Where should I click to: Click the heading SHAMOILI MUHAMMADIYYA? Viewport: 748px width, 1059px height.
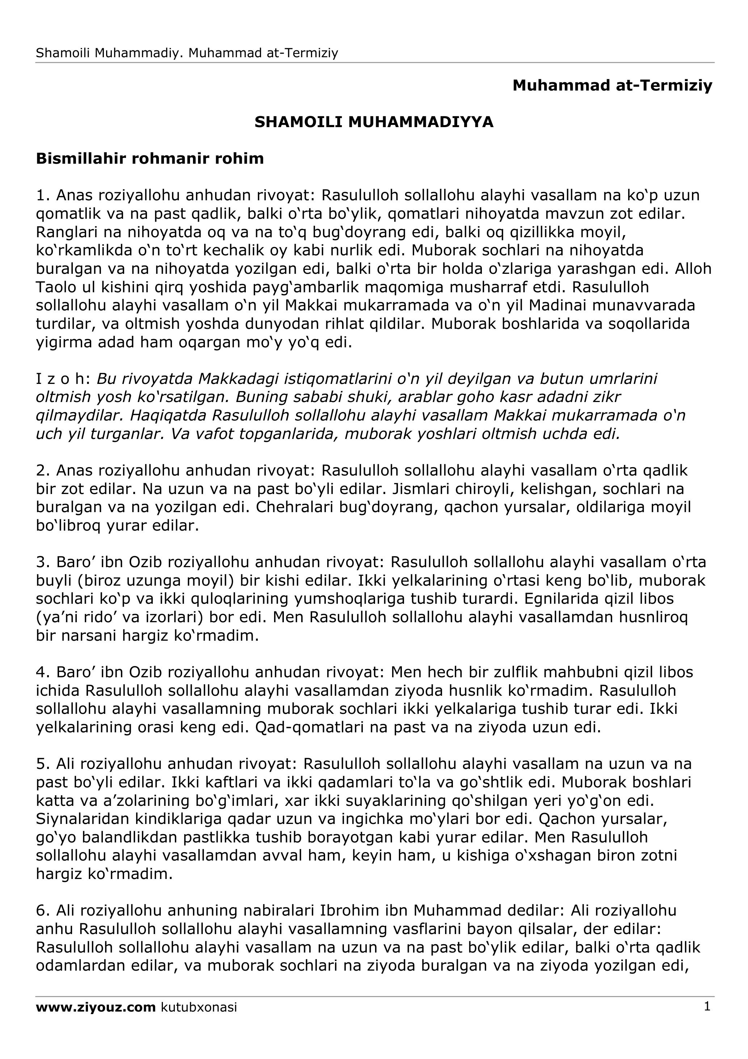(374, 122)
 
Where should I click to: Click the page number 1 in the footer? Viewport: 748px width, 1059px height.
(707, 1007)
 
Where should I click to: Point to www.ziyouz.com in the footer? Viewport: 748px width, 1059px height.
(96, 1007)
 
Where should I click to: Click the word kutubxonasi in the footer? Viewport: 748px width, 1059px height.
(199, 1007)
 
